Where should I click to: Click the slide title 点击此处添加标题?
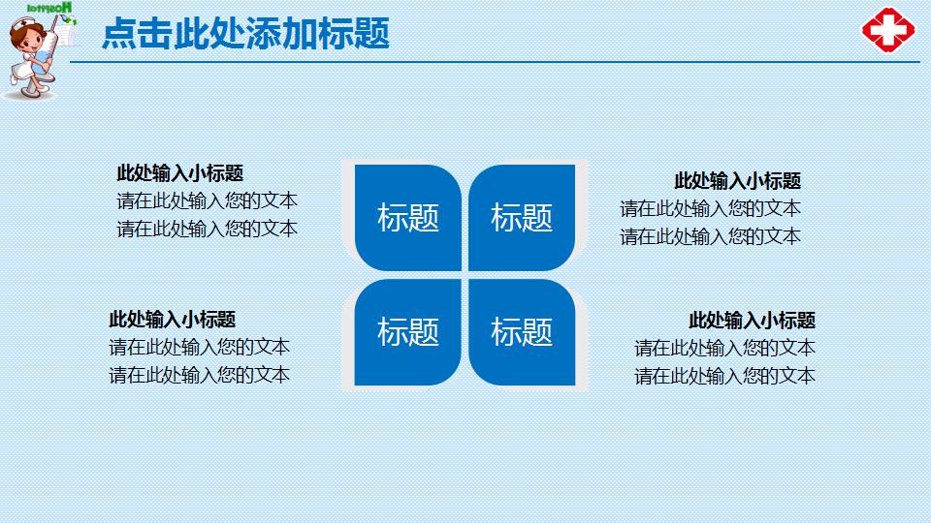(245, 34)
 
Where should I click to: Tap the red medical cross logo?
(888, 30)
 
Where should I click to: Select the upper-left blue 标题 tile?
(408, 218)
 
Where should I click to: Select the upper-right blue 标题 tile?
(522, 218)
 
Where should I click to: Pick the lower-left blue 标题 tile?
(408, 332)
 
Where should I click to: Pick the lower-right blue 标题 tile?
(522, 332)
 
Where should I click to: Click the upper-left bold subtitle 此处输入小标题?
(179, 173)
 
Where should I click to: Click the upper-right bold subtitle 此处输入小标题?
(737, 181)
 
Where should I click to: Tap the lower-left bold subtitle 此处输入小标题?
(172, 320)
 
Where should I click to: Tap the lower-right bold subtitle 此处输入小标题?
(752, 321)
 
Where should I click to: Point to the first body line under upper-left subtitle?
(207, 201)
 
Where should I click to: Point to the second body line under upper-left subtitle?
(207, 230)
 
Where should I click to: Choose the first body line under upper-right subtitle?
(710, 208)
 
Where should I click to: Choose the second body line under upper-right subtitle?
(710, 236)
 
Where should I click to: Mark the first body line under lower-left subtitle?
(199, 347)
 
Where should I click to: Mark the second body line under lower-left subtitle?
(199, 375)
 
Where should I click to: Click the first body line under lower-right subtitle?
(724, 348)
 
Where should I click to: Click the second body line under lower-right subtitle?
(724, 376)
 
